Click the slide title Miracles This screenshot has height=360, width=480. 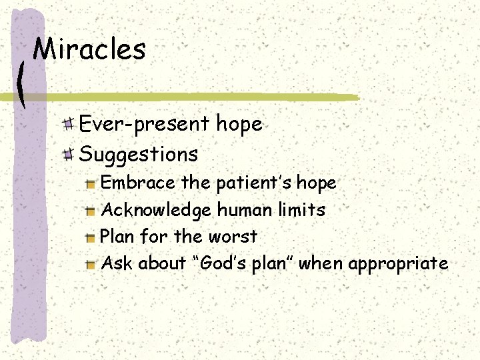[x=89, y=49]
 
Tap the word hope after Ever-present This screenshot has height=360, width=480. [x=238, y=125]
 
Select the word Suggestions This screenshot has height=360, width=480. [x=139, y=155]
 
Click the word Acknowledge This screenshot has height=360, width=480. [x=156, y=209]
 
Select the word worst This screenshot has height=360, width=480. [x=234, y=237]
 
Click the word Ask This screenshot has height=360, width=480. [x=116, y=263]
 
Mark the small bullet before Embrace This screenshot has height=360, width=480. [x=91, y=183]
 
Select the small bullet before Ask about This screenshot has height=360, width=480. [x=91, y=264]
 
